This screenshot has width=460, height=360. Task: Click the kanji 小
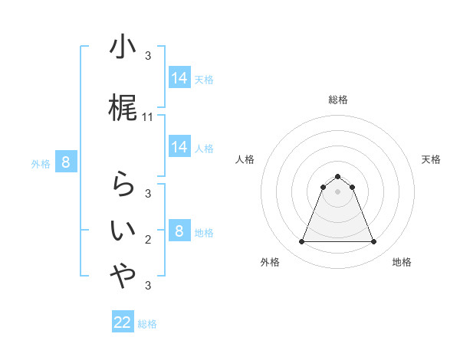[x=123, y=48]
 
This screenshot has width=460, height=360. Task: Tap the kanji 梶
[x=123, y=108]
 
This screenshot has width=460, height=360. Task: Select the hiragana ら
[x=123, y=185]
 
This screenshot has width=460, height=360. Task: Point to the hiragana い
[x=123, y=231]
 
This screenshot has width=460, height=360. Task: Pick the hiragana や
[x=123, y=277]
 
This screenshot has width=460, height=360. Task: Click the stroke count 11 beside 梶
[x=148, y=117]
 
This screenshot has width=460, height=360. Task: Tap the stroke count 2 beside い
[x=148, y=240]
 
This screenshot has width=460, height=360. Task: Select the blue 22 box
[x=123, y=322]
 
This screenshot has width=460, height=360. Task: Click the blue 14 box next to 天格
[x=179, y=78]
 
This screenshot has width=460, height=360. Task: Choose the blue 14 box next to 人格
[x=179, y=147]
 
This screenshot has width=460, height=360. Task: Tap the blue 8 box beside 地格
[x=179, y=231]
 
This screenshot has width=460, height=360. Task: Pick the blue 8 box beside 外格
[x=66, y=162]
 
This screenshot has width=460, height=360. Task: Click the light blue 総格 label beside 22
[x=147, y=324]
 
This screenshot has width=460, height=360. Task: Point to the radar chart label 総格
[x=338, y=100]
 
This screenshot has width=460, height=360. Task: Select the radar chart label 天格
[x=432, y=159]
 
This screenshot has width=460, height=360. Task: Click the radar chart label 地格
[x=402, y=262]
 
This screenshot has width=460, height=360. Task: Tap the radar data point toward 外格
[x=301, y=242]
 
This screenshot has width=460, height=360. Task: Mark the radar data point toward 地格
[x=374, y=242]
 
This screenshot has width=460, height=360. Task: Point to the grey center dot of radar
[x=338, y=191]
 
